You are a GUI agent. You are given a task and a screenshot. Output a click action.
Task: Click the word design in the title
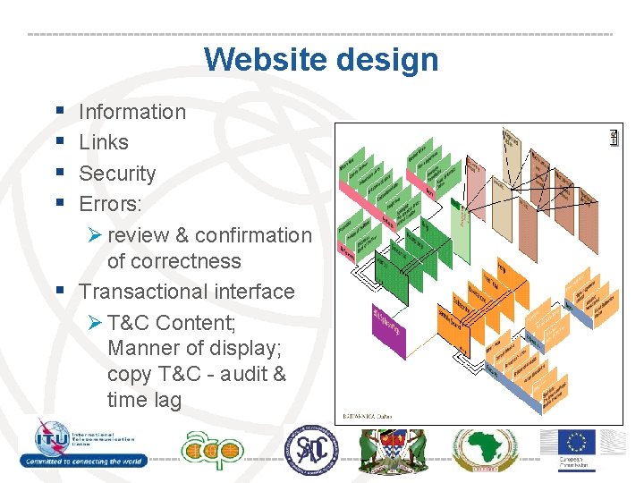[x=386, y=60]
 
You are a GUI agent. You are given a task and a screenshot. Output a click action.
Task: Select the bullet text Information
[x=132, y=112]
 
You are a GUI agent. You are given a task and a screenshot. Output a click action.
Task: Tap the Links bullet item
[x=104, y=142]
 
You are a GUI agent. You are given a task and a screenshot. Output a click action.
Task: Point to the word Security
[x=117, y=174]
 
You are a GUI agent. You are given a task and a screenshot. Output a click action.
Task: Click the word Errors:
[x=110, y=204]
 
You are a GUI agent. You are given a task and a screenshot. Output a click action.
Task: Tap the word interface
[x=255, y=292]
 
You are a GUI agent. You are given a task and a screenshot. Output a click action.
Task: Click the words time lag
[x=144, y=400]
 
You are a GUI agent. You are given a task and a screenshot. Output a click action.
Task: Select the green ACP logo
[x=211, y=448]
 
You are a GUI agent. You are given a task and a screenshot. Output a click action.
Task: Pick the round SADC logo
[x=311, y=448]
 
